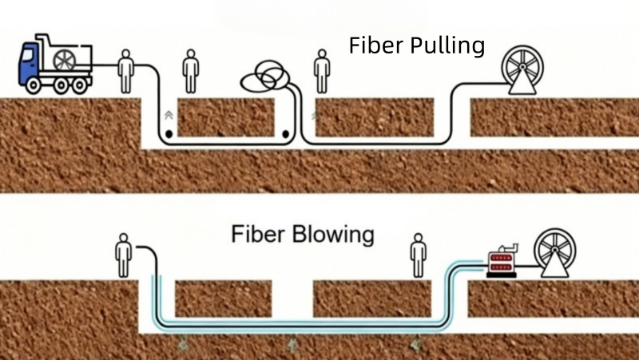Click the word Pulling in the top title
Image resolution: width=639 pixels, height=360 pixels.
(x=447, y=46)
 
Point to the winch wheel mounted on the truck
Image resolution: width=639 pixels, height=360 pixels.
(x=64, y=60)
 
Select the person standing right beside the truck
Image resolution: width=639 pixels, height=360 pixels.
(x=125, y=72)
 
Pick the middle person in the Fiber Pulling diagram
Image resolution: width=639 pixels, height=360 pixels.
(x=190, y=72)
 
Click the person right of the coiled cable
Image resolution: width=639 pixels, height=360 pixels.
(x=322, y=72)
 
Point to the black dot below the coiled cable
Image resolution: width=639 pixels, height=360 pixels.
(x=285, y=133)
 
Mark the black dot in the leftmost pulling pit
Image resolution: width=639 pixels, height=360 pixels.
(x=169, y=133)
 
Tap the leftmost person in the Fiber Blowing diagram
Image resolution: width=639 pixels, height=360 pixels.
(x=123, y=255)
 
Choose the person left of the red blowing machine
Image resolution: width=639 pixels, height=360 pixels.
(x=418, y=255)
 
